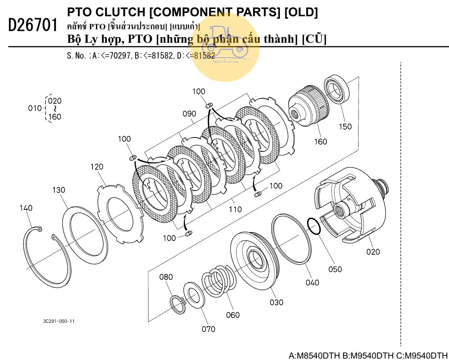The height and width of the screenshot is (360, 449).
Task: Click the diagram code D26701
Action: pyautogui.click(x=33, y=25)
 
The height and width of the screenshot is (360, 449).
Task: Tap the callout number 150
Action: pyautogui.click(x=345, y=126)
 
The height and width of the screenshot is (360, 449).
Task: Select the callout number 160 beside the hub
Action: pyautogui.click(x=320, y=142)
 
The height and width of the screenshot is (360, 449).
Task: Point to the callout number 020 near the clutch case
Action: pyautogui.click(x=373, y=252)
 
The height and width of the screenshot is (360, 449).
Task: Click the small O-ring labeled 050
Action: pyautogui.click(x=314, y=226)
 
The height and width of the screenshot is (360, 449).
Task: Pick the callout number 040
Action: pyautogui.click(x=312, y=283)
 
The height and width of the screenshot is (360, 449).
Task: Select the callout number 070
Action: pyautogui.click(x=208, y=329)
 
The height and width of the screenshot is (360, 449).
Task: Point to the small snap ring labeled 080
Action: pyautogui.click(x=178, y=305)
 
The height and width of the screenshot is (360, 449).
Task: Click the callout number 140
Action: pyautogui.click(x=26, y=208)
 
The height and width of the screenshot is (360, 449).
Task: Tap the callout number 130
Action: pyautogui.click(x=59, y=190)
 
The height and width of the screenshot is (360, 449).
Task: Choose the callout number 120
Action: pyautogui.click(x=97, y=167)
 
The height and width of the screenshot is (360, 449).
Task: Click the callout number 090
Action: pyautogui.click(x=189, y=114)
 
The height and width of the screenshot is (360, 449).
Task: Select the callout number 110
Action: pyautogui.click(x=235, y=209)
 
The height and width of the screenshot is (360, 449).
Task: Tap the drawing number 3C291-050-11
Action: pyautogui.click(x=59, y=321)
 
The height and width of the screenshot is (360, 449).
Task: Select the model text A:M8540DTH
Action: pyautogui.click(x=314, y=355)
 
